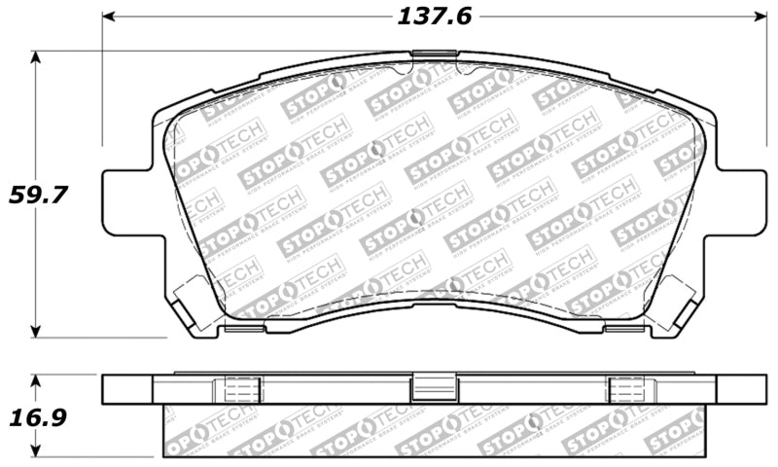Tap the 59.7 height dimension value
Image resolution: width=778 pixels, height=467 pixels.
38,195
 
